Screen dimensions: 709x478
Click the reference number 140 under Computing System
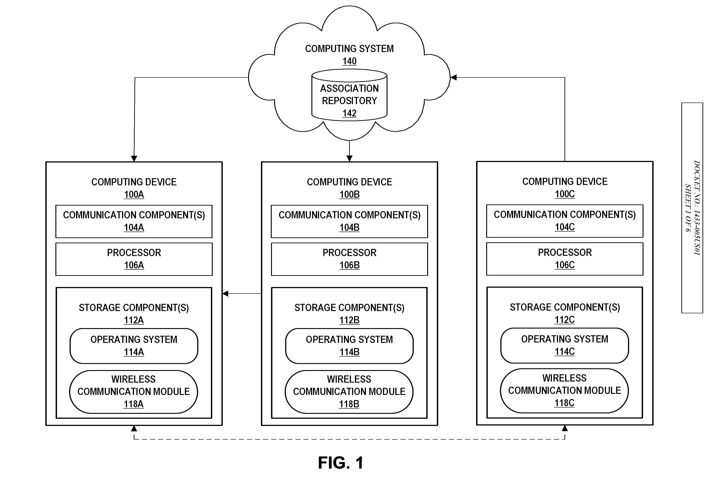349,61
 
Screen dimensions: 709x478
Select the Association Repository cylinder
349,95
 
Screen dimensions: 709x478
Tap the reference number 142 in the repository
349,113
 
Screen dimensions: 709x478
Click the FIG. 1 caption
341,463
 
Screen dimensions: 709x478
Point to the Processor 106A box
134,259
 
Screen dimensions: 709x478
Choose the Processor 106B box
349,259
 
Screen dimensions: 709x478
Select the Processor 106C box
565,259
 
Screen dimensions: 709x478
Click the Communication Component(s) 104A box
134,221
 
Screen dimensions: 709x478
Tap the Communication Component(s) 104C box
565,221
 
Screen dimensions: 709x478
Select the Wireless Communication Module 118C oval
564,391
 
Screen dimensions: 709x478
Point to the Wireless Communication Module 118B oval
349,392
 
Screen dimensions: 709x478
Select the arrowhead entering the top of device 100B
349,158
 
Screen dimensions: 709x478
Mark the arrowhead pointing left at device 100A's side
225,294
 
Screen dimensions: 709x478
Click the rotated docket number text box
692,208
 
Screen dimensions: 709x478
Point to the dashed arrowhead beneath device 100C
565,428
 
